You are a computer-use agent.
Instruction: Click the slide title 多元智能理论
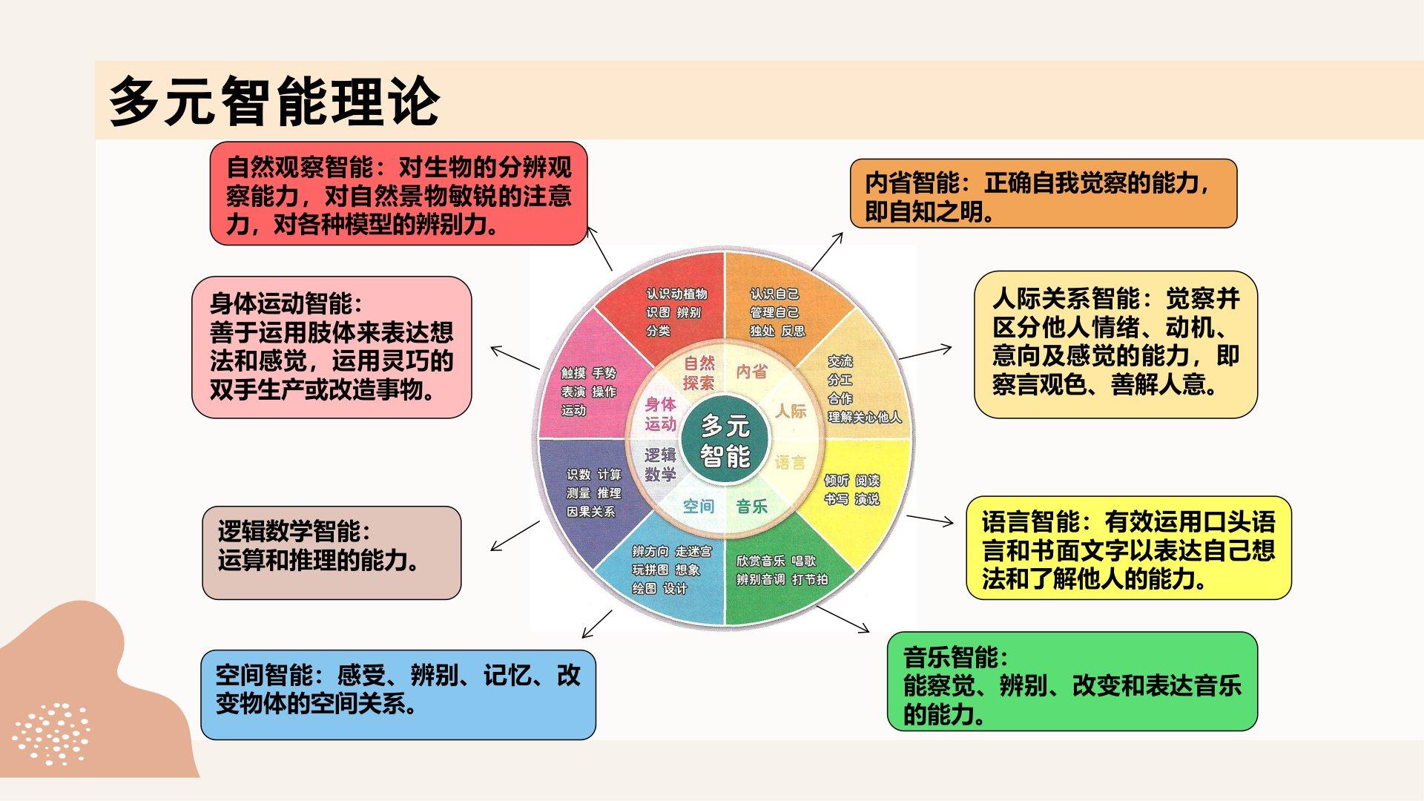pos(274,101)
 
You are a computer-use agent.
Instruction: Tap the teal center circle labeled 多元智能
pos(725,441)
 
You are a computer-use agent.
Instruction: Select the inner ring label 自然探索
pos(699,373)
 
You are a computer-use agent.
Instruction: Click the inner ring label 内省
pos(751,372)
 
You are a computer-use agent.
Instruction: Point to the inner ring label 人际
pos(791,410)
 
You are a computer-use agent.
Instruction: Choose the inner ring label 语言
pos(790,463)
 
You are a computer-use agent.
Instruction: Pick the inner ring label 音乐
pos(751,507)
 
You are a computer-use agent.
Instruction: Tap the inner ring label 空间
pos(698,507)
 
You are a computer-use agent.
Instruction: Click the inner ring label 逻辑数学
pos(660,465)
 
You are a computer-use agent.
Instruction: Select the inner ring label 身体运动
pos(660,414)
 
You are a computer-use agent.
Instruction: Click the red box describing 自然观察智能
pos(398,194)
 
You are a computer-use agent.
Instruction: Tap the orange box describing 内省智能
pos(1044,194)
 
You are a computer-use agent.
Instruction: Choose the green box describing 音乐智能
pos(1072,682)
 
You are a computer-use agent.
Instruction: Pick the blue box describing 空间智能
pos(398,695)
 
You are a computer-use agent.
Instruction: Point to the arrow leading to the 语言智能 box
pos(930,521)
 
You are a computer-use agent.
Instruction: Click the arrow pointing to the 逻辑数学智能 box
pos(515,536)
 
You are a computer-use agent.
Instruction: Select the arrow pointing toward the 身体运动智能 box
pos(515,357)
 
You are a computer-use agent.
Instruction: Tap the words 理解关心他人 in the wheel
pos(865,418)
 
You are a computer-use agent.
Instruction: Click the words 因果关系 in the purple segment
pos(590,512)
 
